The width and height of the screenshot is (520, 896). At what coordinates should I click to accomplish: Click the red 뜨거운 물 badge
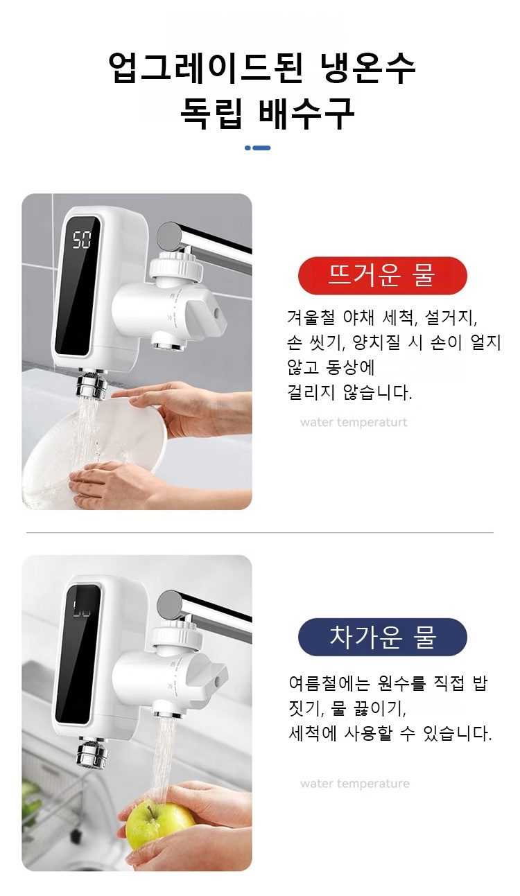coord(382,276)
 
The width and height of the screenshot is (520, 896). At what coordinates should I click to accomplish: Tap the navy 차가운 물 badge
coord(382,637)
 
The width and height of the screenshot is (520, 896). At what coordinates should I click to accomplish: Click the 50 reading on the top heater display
coord(82,240)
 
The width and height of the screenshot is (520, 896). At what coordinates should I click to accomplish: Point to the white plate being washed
coord(96,448)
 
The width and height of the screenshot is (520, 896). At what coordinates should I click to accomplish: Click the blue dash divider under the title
coord(257,148)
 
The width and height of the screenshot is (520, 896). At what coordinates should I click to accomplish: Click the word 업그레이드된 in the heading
coord(205,67)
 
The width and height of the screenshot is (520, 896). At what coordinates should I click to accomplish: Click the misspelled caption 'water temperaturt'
coord(354,423)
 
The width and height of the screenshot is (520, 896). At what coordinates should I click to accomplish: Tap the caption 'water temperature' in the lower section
coord(355,784)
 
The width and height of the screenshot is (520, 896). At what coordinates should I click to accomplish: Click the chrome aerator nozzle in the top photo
coord(92,385)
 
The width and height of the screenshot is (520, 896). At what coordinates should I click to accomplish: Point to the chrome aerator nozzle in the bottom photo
coord(92,755)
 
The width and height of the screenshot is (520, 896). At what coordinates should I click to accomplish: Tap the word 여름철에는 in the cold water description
coord(329,683)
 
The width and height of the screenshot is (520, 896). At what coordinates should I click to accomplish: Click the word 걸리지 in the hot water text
coord(311,392)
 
